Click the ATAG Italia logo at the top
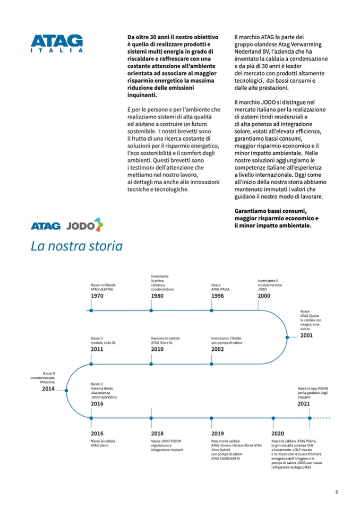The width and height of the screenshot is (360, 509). (x=57, y=43)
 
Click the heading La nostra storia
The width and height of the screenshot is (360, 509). (x=76, y=246)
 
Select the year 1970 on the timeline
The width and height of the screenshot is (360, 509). (x=97, y=296)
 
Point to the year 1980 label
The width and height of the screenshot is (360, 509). (x=157, y=296)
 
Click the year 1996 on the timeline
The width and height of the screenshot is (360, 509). (x=217, y=296)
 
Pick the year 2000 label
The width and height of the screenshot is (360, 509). (x=264, y=296)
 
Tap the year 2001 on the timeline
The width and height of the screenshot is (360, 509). (x=306, y=335)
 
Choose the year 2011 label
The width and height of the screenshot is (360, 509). (x=97, y=350)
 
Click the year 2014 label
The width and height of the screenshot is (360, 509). (x=48, y=389)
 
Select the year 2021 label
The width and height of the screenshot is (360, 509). (x=304, y=403)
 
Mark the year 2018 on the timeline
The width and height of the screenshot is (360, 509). (x=157, y=433)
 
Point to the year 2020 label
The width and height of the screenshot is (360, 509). (x=277, y=433)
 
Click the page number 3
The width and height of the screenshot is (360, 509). (x=336, y=492)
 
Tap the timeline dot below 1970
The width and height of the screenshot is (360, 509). (x=91, y=310)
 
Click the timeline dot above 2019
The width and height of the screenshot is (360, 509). (x=212, y=418)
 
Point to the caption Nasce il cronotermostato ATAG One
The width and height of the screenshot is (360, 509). (x=42, y=377)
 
